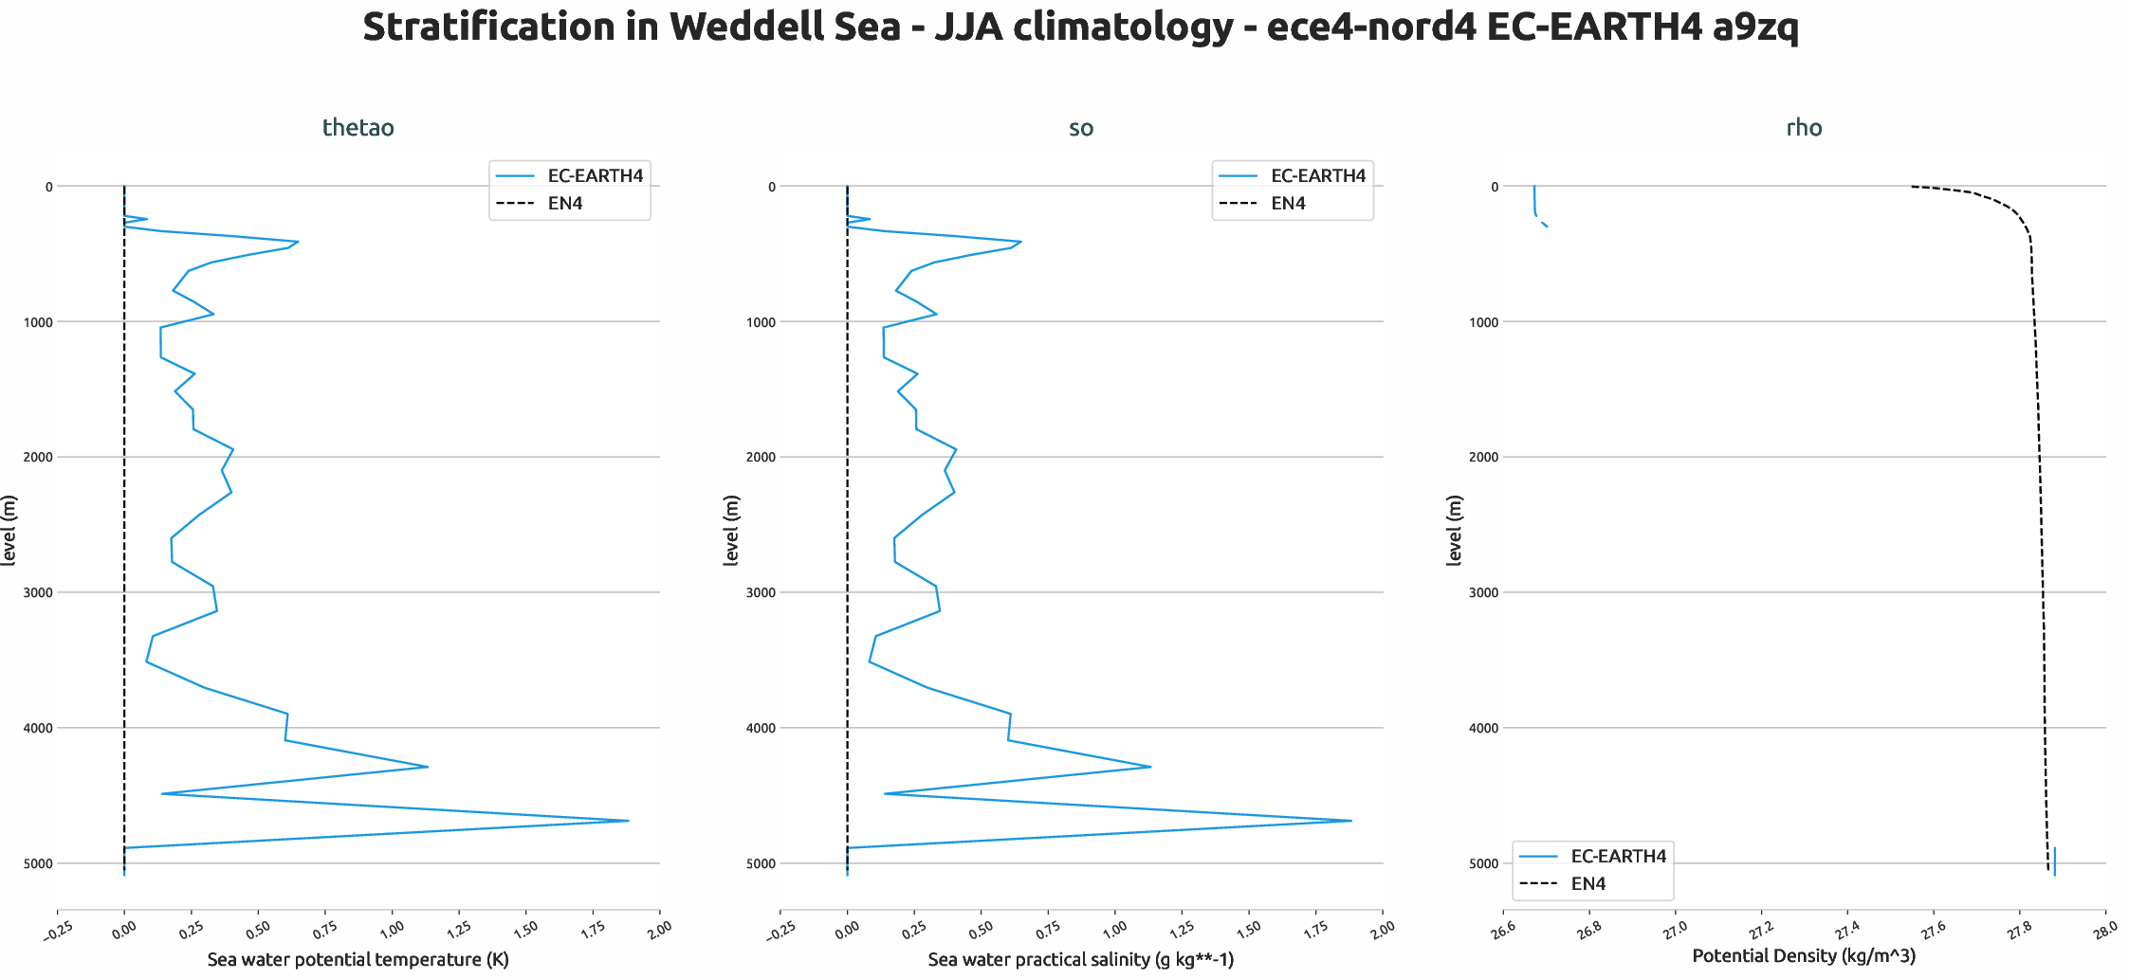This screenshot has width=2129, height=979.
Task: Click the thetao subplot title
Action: pos(358,128)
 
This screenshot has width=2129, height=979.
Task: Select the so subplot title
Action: pos(1080,128)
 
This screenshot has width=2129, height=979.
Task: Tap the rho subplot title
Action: pos(1804,128)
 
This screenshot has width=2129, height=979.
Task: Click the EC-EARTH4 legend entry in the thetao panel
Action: pos(595,176)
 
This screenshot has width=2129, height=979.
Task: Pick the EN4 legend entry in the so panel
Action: pos(1288,204)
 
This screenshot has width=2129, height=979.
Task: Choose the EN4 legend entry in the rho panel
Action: pos(1588,884)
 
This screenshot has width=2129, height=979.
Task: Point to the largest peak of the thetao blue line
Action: pos(628,821)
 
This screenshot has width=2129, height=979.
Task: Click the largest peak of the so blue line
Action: pos(1350,821)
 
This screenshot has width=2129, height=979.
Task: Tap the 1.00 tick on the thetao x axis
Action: pos(391,929)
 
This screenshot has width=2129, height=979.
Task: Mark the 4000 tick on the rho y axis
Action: pos(1484,729)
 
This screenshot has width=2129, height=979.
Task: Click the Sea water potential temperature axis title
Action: pos(358,960)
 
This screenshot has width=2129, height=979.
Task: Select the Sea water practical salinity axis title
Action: pos(1080,960)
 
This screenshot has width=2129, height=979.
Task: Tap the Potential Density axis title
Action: pos(1804,956)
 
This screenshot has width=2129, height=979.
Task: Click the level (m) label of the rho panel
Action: pos(1454,531)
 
